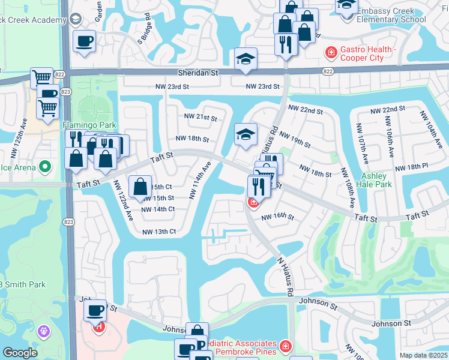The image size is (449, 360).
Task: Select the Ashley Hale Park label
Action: click(376, 180)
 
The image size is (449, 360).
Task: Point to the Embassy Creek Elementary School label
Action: click(391, 15)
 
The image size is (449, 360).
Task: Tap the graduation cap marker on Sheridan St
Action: click(246, 60)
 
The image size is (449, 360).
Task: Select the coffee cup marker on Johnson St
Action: click(95, 311)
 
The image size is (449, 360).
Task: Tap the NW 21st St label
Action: click(200, 117)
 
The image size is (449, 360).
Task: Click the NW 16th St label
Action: click(277, 216)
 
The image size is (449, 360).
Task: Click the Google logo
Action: click(20, 353)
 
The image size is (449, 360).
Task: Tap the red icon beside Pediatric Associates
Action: click(285, 347)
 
